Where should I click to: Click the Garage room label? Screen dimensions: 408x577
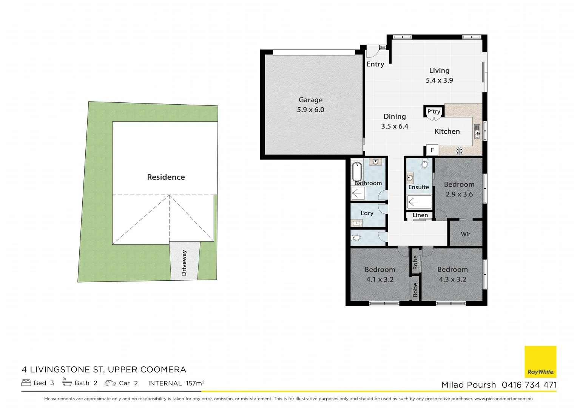(310, 100)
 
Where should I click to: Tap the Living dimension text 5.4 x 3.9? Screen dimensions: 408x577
(439, 80)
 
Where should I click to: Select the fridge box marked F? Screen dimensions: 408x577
(432, 150)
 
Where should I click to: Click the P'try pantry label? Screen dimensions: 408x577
(434, 111)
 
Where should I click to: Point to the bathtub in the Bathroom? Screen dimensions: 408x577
(357, 172)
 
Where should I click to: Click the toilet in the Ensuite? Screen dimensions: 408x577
(424, 164)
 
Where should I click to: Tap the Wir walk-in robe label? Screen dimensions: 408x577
(465, 234)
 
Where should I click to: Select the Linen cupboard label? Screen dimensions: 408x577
(420, 215)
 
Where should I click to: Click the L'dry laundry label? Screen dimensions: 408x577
(367, 213)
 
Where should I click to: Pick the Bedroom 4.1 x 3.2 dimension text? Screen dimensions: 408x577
(380, 280)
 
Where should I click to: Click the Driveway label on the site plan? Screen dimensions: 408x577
(184, 263)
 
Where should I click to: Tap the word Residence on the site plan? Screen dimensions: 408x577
(166, 177)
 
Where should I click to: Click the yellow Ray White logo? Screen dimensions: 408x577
(540, 362)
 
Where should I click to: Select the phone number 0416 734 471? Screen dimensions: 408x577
(529, 385)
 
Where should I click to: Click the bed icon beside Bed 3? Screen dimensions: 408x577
(26, 383)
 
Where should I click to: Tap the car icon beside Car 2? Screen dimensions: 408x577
(110, 383)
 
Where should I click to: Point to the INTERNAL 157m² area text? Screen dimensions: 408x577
(176, 383)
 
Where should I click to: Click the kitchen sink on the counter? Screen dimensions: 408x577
(477, 132)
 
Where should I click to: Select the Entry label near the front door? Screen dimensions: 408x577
(375, 64)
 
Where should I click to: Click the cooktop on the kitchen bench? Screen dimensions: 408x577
(459, 151)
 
